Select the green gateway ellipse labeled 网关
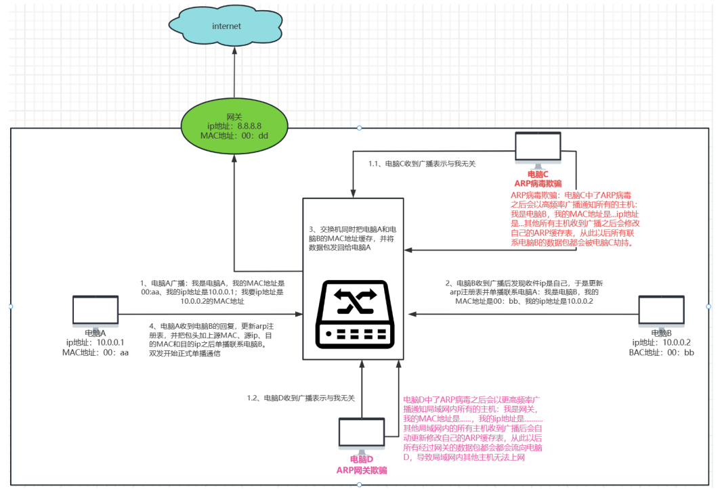[234, 126]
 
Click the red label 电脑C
[538, 174]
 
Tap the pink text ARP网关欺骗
[362, 470]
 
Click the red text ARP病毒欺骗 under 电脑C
[538, 183]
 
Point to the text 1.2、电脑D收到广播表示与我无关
[301, 398]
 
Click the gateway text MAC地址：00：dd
[234, 135]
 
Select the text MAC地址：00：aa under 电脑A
[95, 352]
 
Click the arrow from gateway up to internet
[234, 74]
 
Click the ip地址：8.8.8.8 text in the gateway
[234, 126]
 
